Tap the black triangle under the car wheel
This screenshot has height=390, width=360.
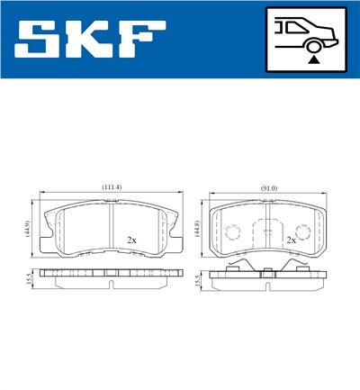tap(312, 58)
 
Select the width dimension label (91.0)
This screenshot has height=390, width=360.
tap(268, 187)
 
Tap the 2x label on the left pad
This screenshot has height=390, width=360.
tap(131, 241)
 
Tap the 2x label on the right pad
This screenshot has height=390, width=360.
tap(291, 241)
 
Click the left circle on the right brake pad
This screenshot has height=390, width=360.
tap(232, 232)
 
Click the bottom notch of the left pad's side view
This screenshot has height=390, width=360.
tap(111, 286)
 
